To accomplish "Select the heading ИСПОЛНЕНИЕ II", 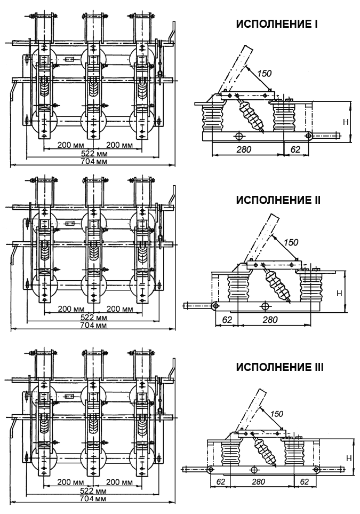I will pyautogui.click(x=278, y=200).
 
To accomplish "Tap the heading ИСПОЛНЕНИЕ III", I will pyautogui.click(x=279, y=368).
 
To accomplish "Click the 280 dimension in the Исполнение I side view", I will pyautogui.click(x=244, y=150).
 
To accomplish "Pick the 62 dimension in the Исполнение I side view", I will pyautogui.click(x=295, y=150).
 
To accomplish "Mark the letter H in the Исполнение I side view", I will pyautogui.click(x=345, y=122).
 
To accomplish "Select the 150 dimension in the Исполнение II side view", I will pyautogui.click(x=292, y=243).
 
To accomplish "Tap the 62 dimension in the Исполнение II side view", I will pyautogui.click(x=227, y=319).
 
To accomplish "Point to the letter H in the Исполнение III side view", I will pyautogui.click(x=348, y=458).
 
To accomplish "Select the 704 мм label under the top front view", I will pyautogui.click(x=94, y=162).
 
